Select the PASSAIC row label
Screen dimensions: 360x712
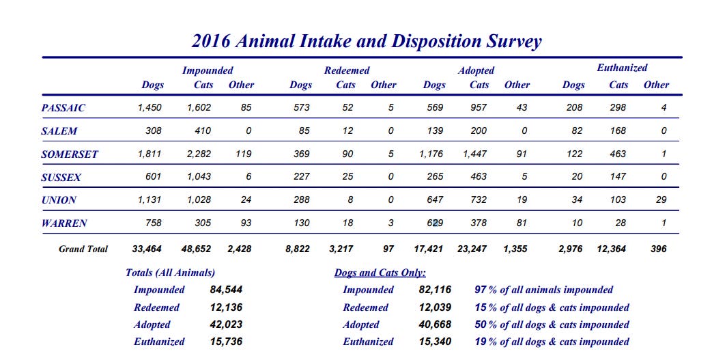(x=63, y=108)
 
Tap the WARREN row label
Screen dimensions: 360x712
(x=63, y=223)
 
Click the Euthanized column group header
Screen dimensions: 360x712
(x=622, y=68)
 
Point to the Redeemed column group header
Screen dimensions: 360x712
(x=347, y=70)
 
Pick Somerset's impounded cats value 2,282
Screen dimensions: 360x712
(x=199, y=154)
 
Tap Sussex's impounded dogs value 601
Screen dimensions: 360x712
(x=153, y=177)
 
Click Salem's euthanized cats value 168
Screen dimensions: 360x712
(x=618, y=130)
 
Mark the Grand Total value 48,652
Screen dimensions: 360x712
(x=196, y=249)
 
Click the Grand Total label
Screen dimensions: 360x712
(x=83, y=249)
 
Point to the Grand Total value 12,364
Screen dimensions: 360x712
(x=612, y=249)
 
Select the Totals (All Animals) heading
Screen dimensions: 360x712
(x=171, y=273)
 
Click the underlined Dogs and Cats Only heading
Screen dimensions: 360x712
(x=380, y=273)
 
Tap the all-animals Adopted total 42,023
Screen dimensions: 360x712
(x=226, y=324)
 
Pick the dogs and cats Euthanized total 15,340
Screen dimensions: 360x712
(x=435, y=342)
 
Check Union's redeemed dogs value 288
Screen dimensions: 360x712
(x=301, y=200)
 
